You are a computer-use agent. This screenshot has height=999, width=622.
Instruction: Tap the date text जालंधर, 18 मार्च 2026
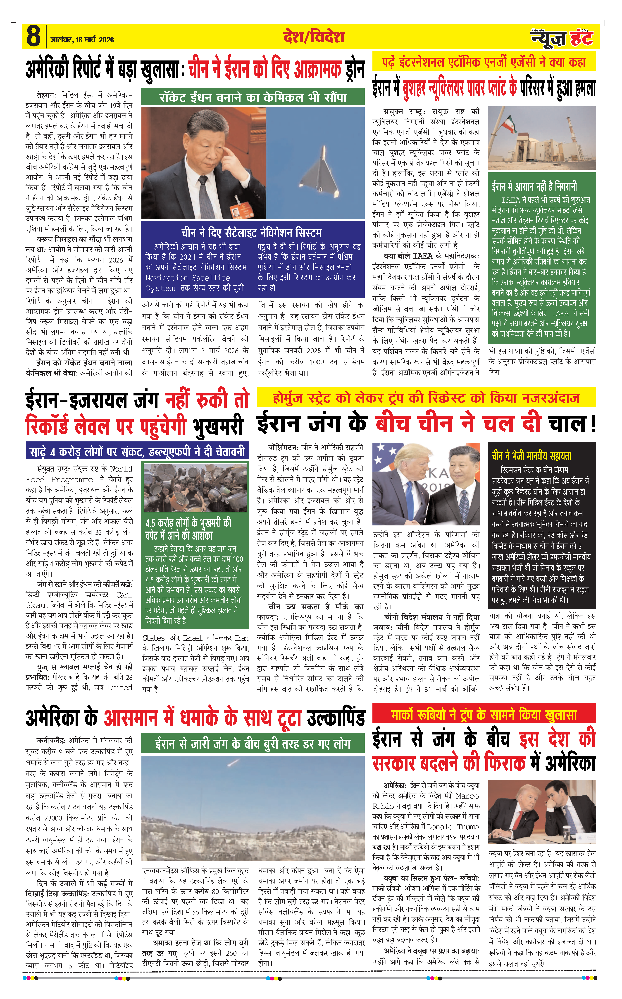tap(82, 40)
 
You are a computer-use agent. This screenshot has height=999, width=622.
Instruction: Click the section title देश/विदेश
tap(313, 37)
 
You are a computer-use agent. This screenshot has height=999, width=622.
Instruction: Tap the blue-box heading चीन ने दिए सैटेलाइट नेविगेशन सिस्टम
tap(253, 233)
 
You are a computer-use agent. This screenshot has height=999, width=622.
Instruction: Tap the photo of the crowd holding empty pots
tap(195, 487)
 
